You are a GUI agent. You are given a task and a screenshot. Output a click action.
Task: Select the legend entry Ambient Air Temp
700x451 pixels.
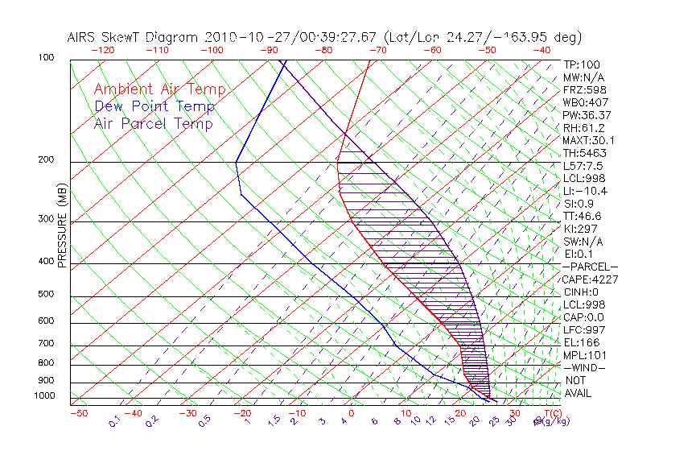pos(159,89)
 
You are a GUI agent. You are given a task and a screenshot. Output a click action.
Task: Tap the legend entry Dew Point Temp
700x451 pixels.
pos(154,106)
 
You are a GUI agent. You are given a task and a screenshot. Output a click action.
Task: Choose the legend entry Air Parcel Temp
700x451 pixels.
pos(153,123)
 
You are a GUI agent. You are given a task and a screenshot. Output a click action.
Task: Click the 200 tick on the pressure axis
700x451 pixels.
pos(45,159)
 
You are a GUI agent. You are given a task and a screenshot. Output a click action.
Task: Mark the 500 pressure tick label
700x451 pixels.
pos(45,294)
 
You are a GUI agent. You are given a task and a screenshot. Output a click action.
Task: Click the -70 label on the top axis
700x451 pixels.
pos(377,50)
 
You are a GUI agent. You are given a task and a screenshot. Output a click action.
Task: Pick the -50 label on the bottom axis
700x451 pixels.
pos(78,413)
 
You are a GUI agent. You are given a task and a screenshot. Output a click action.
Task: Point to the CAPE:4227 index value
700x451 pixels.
pos(590,279)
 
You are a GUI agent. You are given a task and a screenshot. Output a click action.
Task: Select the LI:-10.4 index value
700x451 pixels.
pos(585,191)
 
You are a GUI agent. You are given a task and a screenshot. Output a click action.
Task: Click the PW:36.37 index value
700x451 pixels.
pos(587,115)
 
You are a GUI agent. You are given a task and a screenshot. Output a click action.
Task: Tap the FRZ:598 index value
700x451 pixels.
pos(584,89)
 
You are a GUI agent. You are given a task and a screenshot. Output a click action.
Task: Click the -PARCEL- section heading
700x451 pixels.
pos(590,267)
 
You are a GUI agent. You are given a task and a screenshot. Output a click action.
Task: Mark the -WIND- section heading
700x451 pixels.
pos(584,367)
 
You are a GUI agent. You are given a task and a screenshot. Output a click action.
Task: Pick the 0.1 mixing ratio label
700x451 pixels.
pos(114,420)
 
